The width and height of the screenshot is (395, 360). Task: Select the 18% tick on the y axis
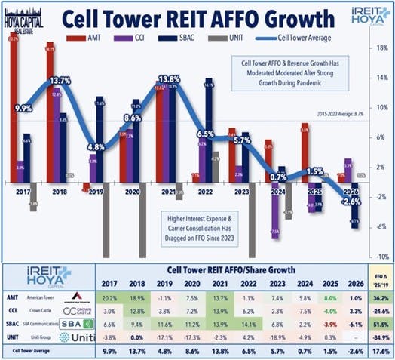tap(381, 47)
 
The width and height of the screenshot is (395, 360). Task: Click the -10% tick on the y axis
tap(381, 257)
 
